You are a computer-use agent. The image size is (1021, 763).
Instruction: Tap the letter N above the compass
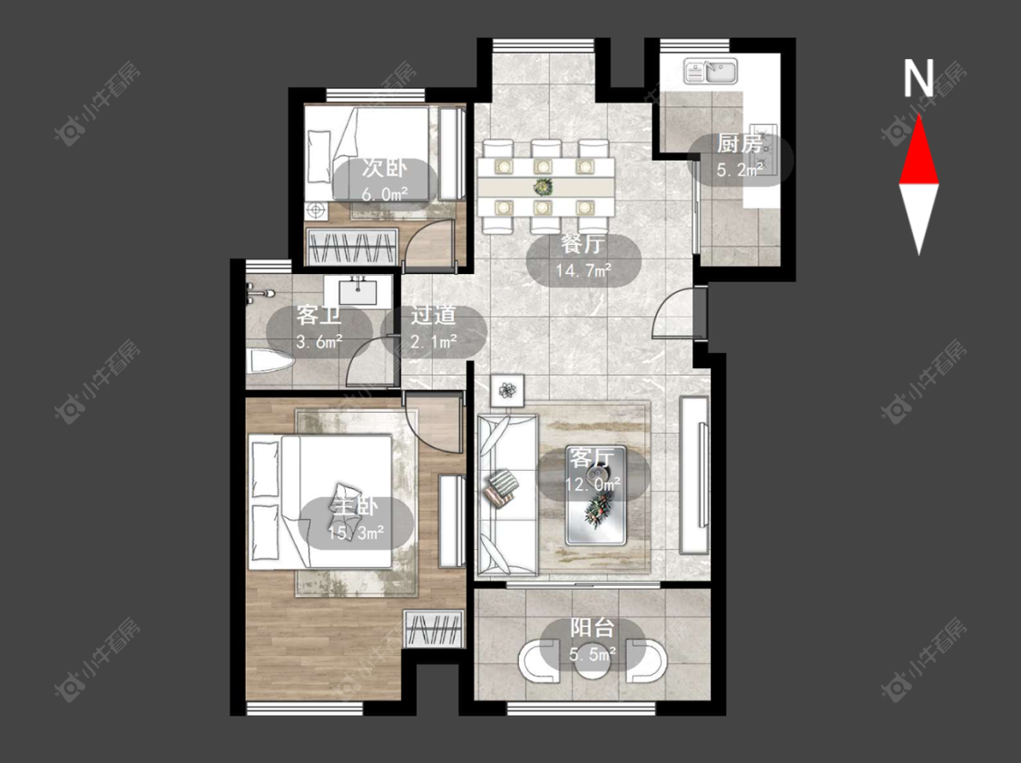coord(918,78)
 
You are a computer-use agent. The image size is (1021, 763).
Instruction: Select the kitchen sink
coord(711,71)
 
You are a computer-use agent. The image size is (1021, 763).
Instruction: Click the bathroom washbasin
coord(358,291)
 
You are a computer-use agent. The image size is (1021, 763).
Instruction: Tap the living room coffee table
coord(595,495)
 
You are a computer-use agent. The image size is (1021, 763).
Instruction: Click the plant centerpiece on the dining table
coord(542,188)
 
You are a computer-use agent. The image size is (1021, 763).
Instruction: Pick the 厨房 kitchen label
coord(739,144)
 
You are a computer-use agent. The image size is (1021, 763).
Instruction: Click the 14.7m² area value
coord(584,269)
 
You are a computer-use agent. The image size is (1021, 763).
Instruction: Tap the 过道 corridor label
coord(433,316)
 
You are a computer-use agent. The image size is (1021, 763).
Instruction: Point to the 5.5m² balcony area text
coord(593,653)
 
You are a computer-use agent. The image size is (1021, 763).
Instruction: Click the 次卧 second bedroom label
coord(384,168)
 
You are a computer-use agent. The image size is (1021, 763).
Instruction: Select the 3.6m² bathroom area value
coord(319,341)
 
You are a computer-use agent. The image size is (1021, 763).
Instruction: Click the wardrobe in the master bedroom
coord(434,629)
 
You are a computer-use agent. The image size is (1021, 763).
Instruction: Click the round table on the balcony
coord(593,659)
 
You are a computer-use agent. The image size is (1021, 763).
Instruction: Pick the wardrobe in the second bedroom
coord(351,247)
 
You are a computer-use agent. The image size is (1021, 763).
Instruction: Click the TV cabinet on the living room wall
coord(694,475)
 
